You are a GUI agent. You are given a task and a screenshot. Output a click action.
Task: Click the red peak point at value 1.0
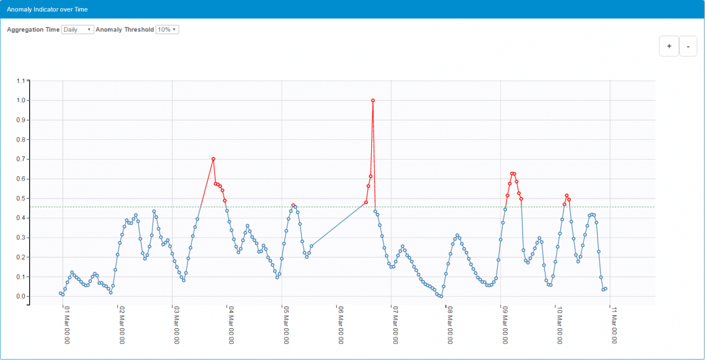[x=372, y=101]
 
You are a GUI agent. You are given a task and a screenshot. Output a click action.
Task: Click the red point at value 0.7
[x=213, y=159]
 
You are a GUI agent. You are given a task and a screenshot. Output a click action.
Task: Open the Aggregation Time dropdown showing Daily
[x=78, y=30]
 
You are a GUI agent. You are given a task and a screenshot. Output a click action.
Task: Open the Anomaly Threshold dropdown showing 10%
[x=167, y=30]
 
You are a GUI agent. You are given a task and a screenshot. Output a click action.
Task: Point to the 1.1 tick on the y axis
[x=22, y=81]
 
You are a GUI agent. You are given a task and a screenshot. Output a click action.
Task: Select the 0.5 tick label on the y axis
[x=22, y=199]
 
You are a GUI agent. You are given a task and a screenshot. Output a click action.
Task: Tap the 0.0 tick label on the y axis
[x=22, y=297]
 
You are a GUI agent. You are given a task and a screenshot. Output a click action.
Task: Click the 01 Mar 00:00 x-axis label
[x=66, y=324]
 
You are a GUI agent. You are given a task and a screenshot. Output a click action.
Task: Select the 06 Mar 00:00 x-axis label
[x=340, y=324]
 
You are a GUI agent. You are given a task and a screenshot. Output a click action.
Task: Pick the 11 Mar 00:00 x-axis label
[x=614, y=324]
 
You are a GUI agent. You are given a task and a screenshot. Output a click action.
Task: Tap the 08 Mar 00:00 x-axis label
[x=450, y=324]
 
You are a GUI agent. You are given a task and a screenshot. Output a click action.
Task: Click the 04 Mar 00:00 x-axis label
[x=231, y=324]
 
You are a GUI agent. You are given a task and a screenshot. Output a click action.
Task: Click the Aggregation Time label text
[x=34, y=30]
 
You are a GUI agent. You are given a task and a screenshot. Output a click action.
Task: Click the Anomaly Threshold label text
[x=125, y=30]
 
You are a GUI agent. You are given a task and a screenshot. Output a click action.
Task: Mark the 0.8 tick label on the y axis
[x=22, y=140]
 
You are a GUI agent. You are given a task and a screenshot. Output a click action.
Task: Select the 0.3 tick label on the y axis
[x=22, y=238]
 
